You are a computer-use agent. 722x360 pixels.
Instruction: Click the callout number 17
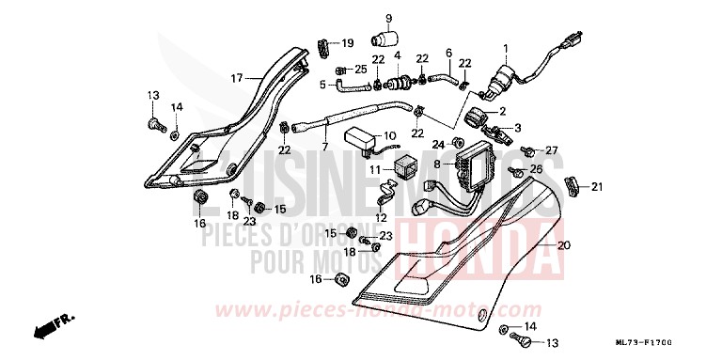(x=237, y=77)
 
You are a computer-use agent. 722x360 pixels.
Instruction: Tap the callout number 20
(x=564, y=246)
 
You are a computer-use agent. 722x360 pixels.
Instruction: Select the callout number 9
(x=387, y=18)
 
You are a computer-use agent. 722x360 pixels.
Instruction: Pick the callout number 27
(x=552, y=150)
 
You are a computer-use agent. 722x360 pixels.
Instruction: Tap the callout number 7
(x=325, y=148)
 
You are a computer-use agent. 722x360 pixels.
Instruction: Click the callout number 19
(x=347, y=43)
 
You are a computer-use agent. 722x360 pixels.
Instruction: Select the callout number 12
(x=381, y=216)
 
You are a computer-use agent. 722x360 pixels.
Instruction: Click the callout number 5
(x=322, y=85)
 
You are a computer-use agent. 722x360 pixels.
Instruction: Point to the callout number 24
(x=437, y=144)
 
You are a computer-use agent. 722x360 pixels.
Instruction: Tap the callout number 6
(x=448, y=53)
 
